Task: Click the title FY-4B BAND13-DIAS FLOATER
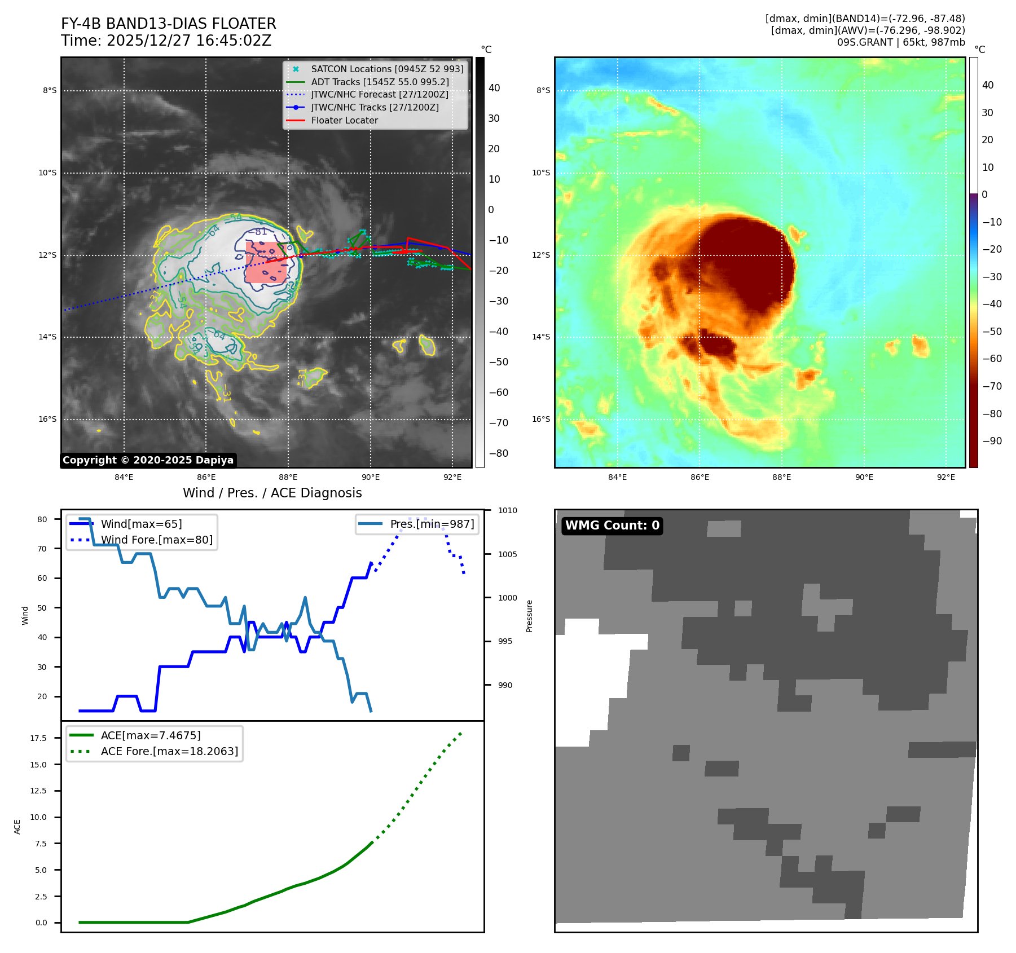(x=168, y=24)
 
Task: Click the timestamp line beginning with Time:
(x=166, y=41)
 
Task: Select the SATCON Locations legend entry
(x=387, y=69)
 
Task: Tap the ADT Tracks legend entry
(x=380, y=82)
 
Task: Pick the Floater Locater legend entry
(x=344, y=120)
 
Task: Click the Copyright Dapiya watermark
(x=148, y=460)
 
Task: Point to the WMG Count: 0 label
(x=612, y=526)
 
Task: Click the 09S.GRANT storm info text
(x=900, y=42)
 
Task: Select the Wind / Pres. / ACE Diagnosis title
(x=272, y=493)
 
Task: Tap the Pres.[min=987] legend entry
(x=432, y=524)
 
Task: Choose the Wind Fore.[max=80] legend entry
(x=156, y=540)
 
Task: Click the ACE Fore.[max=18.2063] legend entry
(x=169, y=751)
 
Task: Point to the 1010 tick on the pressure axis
(x=507, y=510)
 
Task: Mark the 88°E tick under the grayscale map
(x=288, y=477)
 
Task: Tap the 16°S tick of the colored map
(x=541, y=419)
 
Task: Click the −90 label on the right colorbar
(x=992, y=441)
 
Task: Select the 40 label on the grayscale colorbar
(x=494, y=88)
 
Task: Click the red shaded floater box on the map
(x=265, y=263)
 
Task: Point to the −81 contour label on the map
(x=260, y=232)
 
